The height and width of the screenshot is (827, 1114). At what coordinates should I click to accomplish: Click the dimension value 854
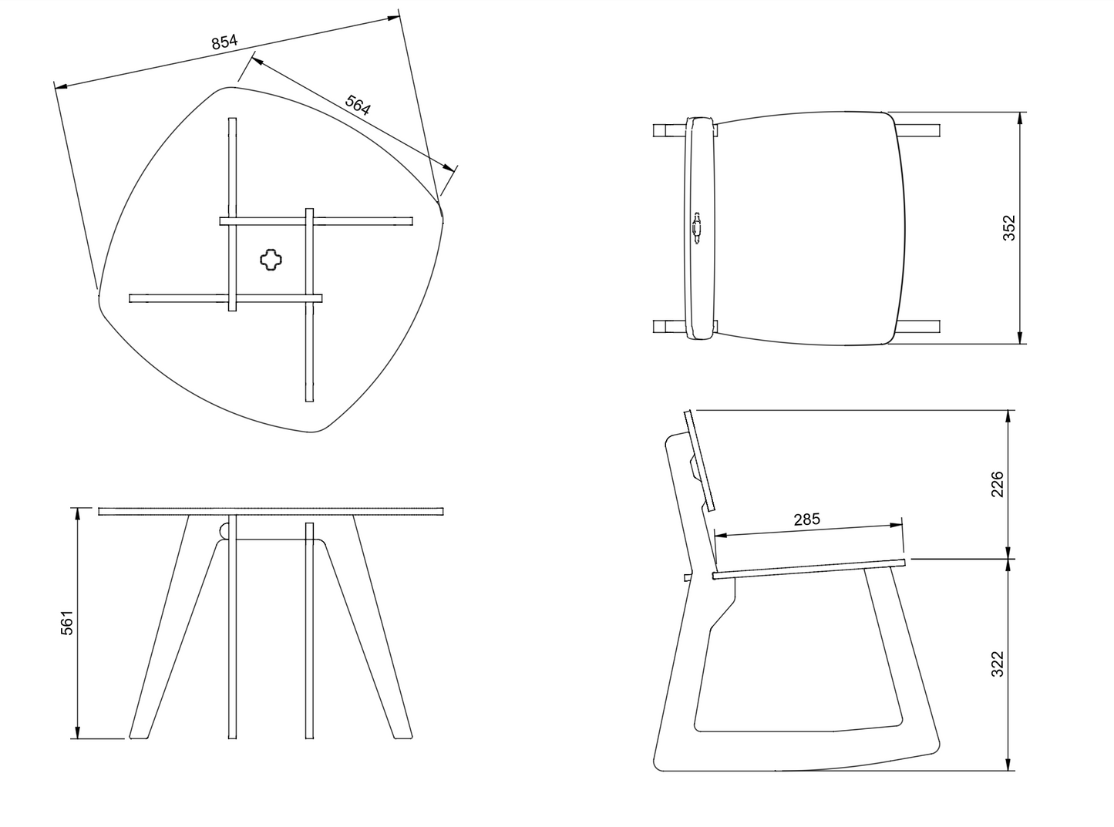tap(225, 42)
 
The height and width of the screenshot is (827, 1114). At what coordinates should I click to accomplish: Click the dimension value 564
tap(358, 105)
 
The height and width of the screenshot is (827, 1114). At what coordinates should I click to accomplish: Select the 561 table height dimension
tap(67, 623)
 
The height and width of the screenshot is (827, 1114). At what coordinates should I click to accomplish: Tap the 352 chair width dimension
tap(1009, 227)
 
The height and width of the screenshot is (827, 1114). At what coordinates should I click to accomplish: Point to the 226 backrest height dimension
tap(998, 484)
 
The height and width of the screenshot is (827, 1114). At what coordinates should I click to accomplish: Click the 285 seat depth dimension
tap(807, 519)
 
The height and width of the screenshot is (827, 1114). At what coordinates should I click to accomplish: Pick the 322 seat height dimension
tap(998, 664)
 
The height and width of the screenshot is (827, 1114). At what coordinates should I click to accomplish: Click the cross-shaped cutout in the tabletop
tap(271, 260)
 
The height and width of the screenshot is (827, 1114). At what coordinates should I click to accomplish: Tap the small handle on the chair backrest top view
tap(697, 227)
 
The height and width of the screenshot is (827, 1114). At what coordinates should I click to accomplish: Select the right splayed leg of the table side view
tap(380, 632)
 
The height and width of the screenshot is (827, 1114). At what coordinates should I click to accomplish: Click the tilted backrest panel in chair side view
tap(700, 460)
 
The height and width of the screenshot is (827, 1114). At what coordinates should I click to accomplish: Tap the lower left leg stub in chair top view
tap(668, 327)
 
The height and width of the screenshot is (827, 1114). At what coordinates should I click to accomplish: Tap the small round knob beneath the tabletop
tap(223, 531)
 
